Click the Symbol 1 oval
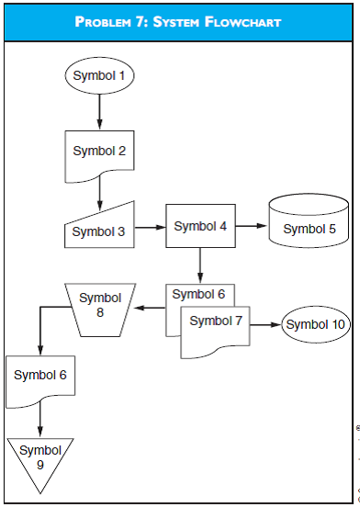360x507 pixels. click(99, 75)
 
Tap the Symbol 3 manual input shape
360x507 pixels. click(99, 228)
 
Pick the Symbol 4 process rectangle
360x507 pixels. click(200, 226)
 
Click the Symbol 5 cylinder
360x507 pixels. click(309, 227)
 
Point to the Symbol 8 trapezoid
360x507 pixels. click(100, 306)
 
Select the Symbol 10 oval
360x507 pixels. click(315, 324)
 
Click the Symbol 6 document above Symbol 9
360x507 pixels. click(39, 377)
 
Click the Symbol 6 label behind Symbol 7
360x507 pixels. click(198, 294)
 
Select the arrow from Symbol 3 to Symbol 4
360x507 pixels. click(151, 226)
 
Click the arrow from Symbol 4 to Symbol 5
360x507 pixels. click(252, 226)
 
